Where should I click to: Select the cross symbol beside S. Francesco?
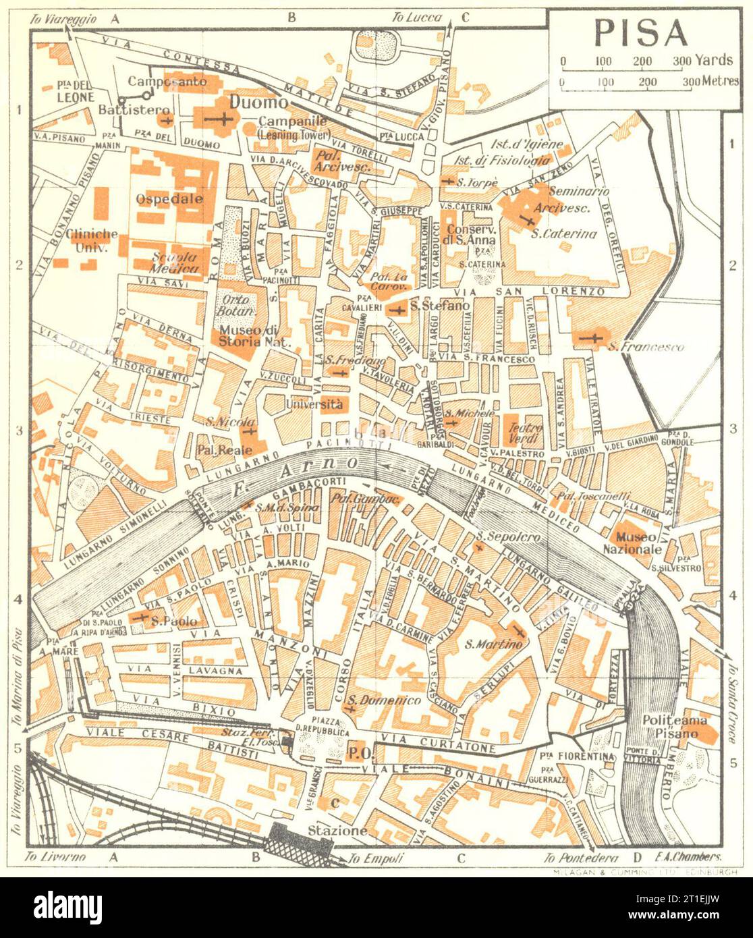point(594,337)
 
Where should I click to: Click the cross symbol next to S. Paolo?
point(142,617)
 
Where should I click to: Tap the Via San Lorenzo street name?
point(528,292)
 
